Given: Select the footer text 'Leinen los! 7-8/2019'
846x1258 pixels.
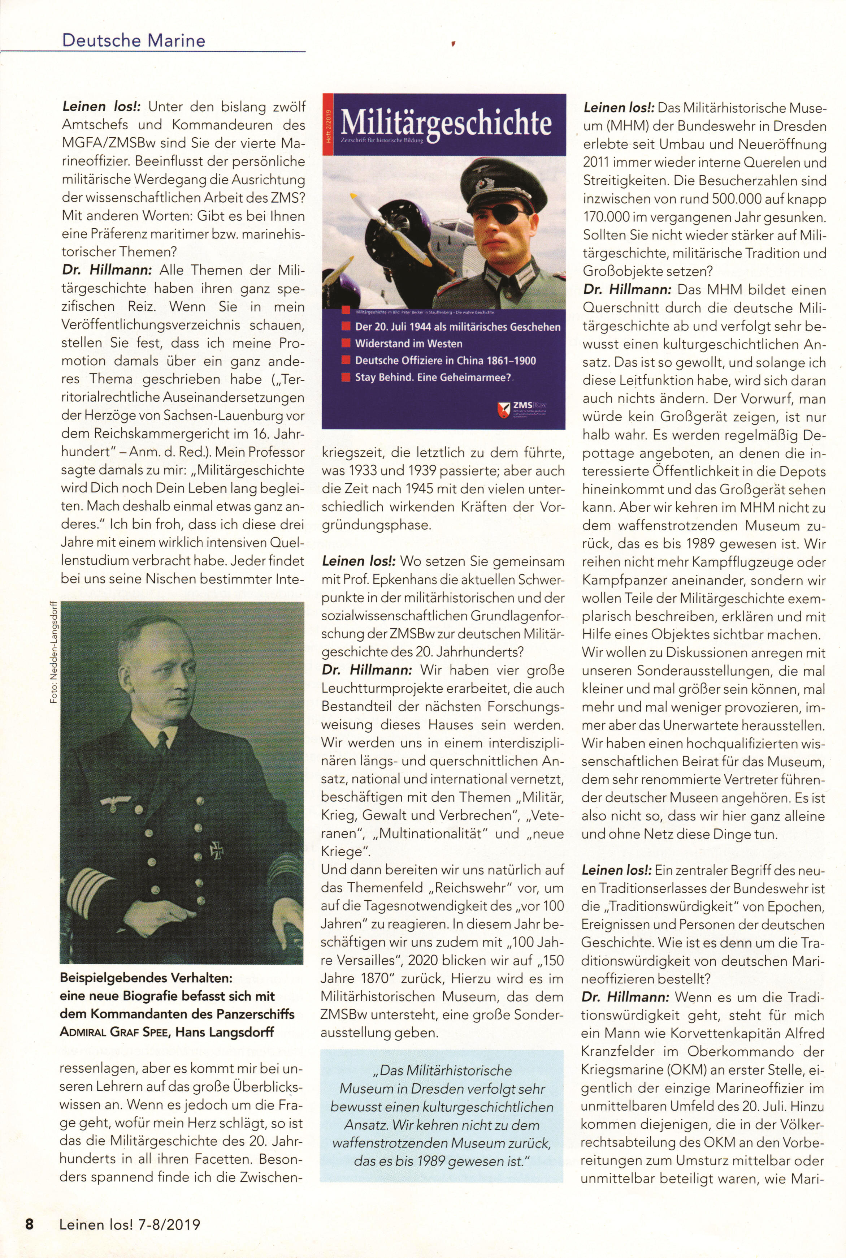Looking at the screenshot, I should (x=130, y=1224).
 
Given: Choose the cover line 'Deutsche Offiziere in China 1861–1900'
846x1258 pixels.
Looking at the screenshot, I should (x=445, y=360).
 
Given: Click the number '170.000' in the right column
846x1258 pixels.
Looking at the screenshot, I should (x=607, y=217).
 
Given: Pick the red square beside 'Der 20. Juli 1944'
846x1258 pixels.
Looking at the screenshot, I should (x=346, y=327).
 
